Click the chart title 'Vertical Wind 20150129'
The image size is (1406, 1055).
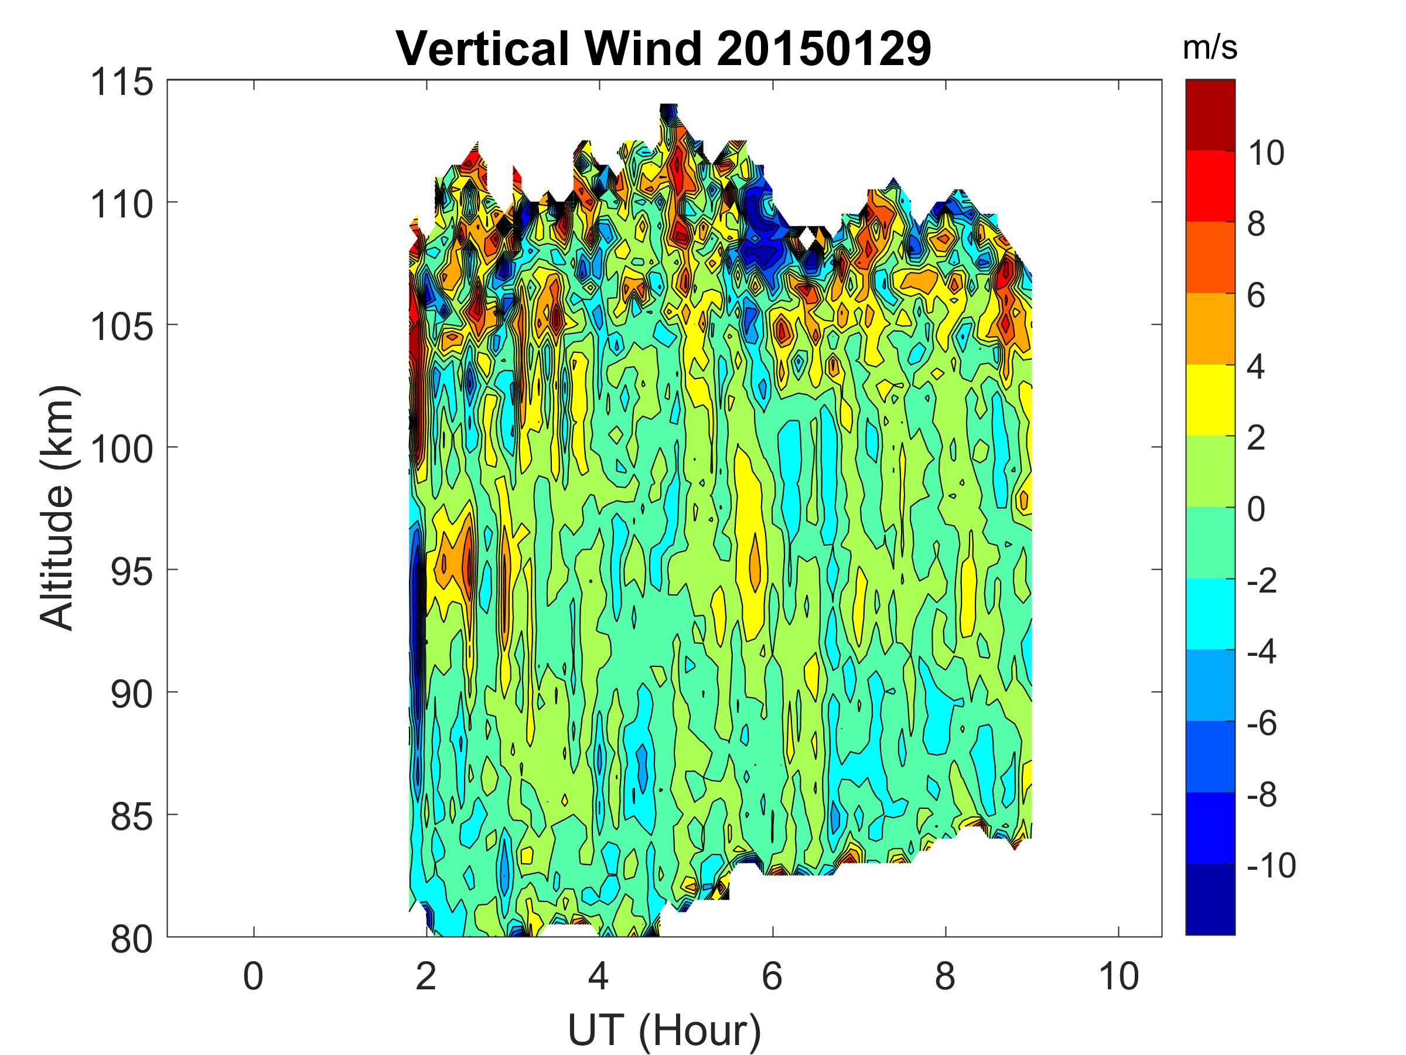[664, 48]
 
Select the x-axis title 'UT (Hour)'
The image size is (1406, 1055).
[664, 1030]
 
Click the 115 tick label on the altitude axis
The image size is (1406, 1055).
[122, 83]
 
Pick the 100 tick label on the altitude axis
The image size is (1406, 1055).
[122, 450]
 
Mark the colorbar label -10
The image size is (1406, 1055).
[1271, 866]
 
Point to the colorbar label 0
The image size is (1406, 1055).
[1256, 509]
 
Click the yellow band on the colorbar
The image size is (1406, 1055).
[1210, 399]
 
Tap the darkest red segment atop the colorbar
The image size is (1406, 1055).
[1210, 114]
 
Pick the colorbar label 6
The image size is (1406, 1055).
[1256, 296]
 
